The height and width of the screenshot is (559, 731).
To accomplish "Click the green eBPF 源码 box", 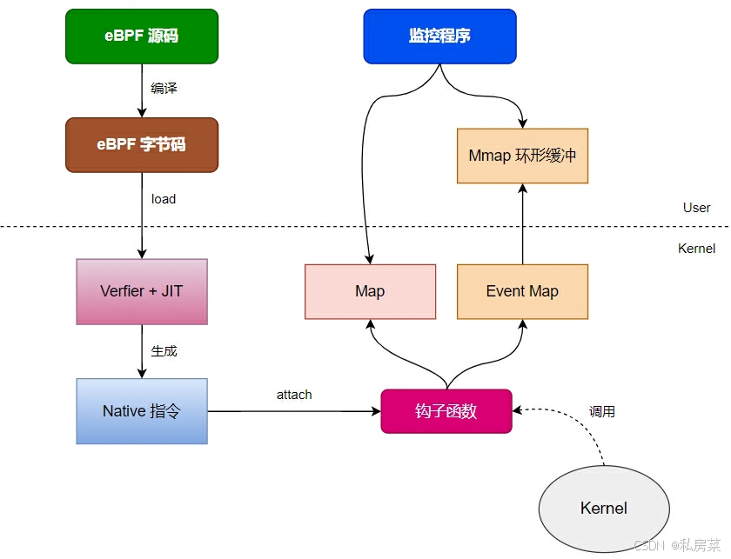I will pyautogui.click(x=142, y=37).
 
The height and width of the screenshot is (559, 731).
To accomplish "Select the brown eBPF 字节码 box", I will pyautogui.click(x=142, y=144).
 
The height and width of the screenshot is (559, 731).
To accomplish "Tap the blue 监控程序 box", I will pyautogui.click(x=439, y=37).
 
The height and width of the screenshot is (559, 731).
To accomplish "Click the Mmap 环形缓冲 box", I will pyautogui.click(x=522, y=156).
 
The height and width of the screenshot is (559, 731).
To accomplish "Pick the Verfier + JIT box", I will pyautogui.click(x=142, y=291).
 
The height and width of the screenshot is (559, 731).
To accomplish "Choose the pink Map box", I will pyautogui.click(x=370, y=291).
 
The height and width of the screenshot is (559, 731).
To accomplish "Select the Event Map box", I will pyautogui.click(x=522, y=291).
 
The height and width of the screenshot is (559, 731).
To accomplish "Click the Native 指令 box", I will pyautogui.click(x=142, y=411).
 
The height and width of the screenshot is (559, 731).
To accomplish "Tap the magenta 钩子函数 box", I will pyautogui.click(x=446, y=411).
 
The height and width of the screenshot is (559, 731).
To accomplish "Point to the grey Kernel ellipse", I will pyautogui.click(x=604, y=509).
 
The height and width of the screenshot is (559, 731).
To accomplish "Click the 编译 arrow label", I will pyautogui.click(x=164, y=89).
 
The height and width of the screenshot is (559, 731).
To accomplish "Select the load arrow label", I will pyautogui.click(x=164, y=199).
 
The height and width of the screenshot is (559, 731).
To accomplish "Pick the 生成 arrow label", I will pyautogui.click(x=164, y=351).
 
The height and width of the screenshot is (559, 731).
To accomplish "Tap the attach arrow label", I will pyautogui.click(x=294, y=395).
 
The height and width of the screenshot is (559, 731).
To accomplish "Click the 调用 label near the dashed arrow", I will pyautogui.click(x=602, y=412).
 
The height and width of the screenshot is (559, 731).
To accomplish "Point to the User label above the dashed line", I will pyautogui.click(x=696, y=208).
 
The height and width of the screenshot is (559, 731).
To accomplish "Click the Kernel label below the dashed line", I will pyautogui.click(x=696, y=249).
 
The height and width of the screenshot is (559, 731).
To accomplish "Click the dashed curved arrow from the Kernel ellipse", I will pyautogui.click(x=592, y=435).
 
